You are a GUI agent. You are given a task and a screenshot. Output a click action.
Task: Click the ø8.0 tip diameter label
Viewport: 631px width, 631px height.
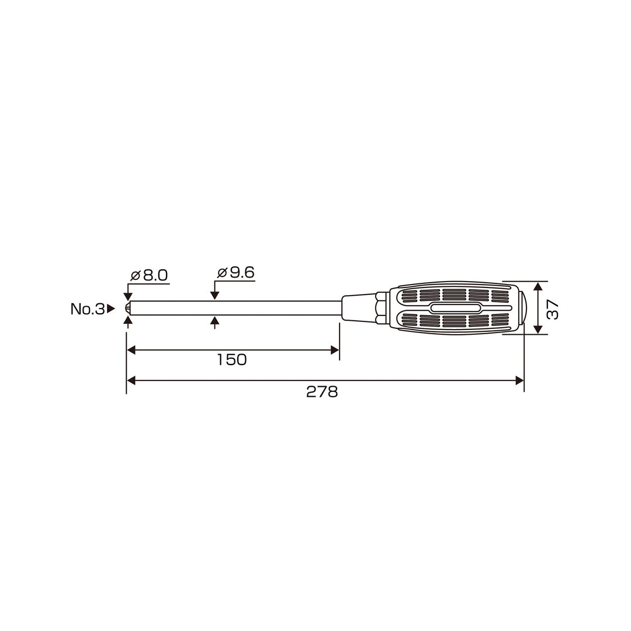(149, 275)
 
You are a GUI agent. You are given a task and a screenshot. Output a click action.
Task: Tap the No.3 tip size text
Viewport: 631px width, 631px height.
(87, 308)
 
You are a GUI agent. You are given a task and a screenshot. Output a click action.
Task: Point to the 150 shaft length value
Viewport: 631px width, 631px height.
(232, 359)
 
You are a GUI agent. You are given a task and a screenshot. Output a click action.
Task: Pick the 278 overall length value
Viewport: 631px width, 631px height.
(322, 391)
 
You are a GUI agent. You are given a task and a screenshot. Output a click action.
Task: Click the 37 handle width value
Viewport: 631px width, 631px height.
(553, 309)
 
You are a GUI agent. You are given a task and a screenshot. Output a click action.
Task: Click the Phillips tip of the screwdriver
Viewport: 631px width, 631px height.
(127, 308)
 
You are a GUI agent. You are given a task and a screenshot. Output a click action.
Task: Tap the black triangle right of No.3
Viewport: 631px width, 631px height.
(110, 308)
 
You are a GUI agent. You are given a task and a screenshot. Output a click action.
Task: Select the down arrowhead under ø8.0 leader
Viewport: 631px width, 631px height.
(128, 297)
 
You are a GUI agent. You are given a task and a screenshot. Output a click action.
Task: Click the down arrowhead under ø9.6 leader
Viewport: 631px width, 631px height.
(215, 296)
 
